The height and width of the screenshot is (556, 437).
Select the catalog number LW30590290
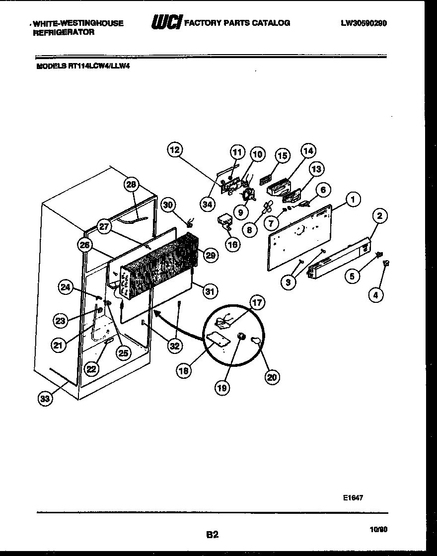[364, 23]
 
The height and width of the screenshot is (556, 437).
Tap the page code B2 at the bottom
[212, 535]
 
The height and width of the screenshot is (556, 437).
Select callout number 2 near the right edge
[379, 216]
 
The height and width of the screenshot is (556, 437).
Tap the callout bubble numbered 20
[271, 378]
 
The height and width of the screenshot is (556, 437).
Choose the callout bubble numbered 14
[308, 150]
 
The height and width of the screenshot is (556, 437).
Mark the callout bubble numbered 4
[376, 295]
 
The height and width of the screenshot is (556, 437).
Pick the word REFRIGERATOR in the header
[64, 32]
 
